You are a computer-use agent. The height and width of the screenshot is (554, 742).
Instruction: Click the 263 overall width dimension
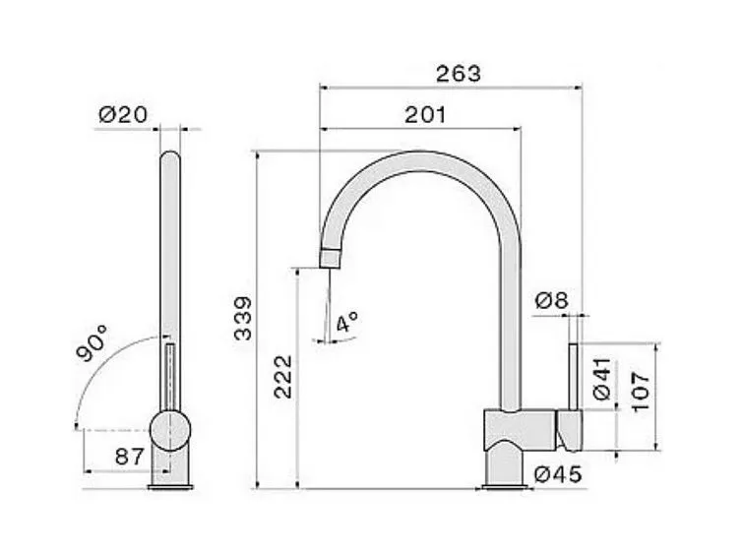tap(458, 74)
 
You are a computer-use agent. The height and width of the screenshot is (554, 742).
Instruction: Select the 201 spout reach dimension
tap(425, 115)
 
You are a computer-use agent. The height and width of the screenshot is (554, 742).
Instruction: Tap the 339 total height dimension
tap(242, 318)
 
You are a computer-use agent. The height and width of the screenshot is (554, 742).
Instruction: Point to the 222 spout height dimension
tap(281, 375)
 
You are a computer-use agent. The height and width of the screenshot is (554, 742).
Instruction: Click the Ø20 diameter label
tap(123, 115)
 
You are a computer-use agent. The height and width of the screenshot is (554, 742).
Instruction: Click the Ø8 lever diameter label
tap(551, 302)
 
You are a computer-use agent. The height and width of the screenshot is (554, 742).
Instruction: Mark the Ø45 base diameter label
tap(558, 475)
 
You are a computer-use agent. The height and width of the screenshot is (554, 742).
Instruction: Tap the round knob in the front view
tap(170, 431)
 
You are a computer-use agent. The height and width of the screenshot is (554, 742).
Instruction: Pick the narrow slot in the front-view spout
tap(170, 375)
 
